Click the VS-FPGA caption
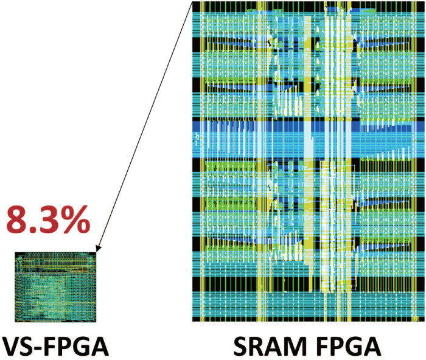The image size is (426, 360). [x=55, y=344]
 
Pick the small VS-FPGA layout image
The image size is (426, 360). [x=55, y=286]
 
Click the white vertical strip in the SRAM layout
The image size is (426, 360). [x=332, y=152]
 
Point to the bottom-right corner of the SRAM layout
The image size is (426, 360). [x=424, y=320]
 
